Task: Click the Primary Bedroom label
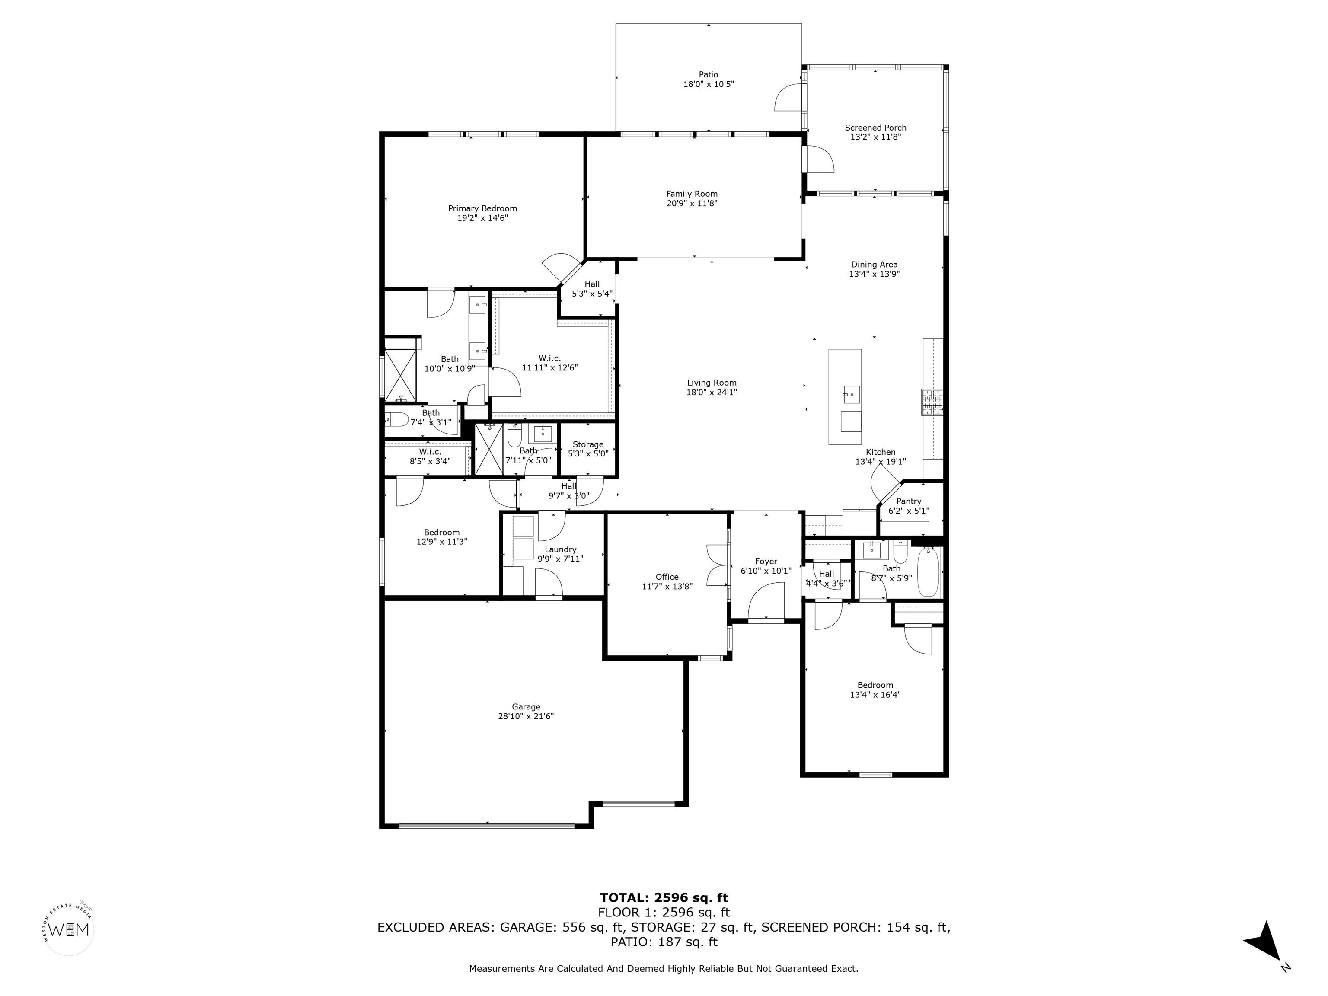(482, 208)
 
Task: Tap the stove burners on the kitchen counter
(932, 402)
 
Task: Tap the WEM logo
(70, 930)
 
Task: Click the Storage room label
(588, 444)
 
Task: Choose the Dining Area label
(874, 264)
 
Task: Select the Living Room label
(712, 383)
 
